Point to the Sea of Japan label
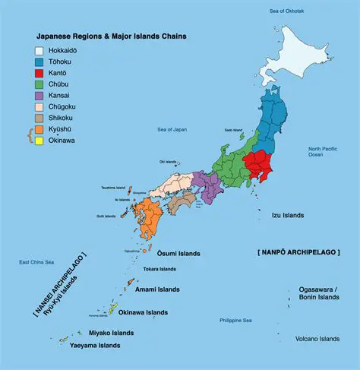(172, 130)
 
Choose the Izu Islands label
(288, 216)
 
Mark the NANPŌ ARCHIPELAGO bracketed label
(298, 250)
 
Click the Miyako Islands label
(109, 333)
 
